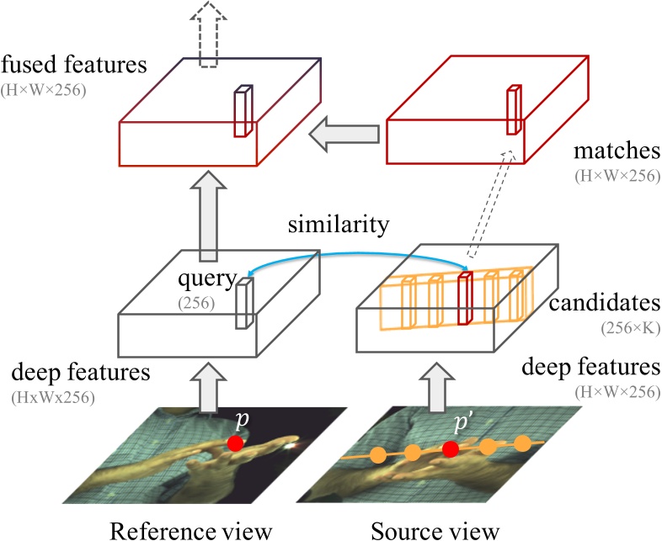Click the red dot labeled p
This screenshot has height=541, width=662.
coord(236,442)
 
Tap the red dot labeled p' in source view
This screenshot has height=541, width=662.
coord(450,448)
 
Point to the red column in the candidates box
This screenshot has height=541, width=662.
coord(462,299)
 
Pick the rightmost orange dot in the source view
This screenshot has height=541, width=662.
coord(523,442)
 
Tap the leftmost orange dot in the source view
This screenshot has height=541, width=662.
coord(378,455)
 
